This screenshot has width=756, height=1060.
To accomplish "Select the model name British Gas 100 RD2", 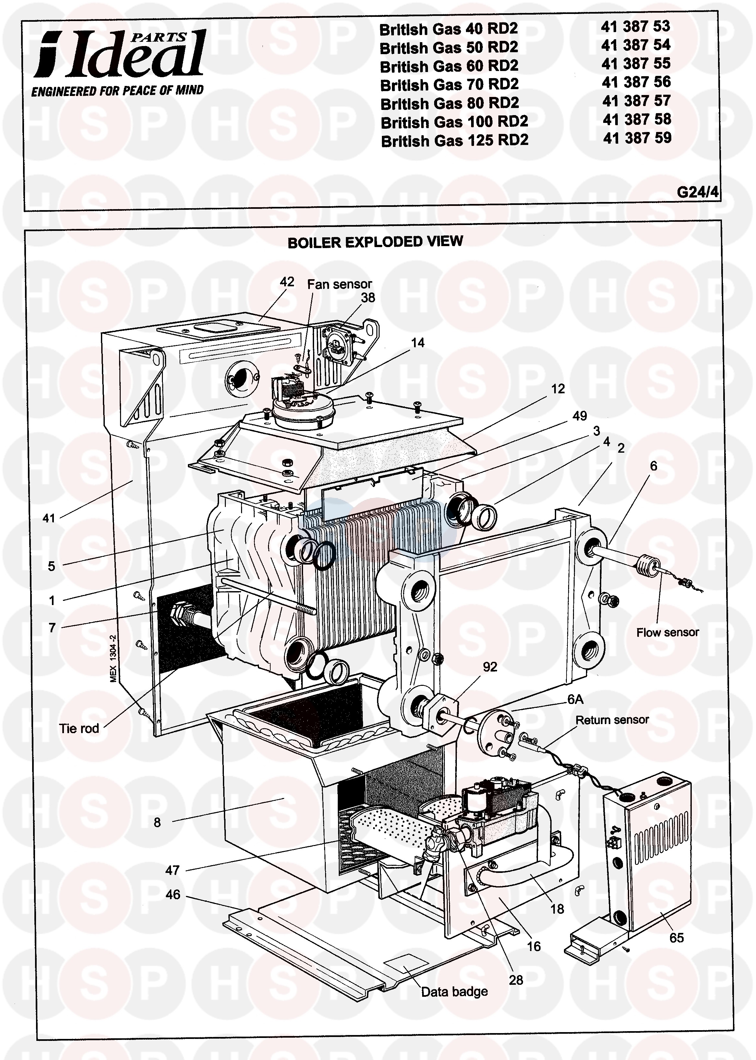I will coord(454,122).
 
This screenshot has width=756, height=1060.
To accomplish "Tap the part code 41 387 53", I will coord(635,27).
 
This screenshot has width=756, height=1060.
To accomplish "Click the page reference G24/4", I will coord(697,192).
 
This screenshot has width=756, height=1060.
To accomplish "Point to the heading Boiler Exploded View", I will coord(375,242).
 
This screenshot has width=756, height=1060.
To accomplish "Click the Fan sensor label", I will coord(339,284).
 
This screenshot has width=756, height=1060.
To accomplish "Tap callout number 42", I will coord(287,282).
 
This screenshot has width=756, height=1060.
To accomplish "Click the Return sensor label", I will coord(612,720).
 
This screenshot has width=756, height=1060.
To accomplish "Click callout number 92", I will coord(490,667).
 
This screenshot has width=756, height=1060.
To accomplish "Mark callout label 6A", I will coord(575,699).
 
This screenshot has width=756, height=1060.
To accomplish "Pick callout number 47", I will coord(172,870).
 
